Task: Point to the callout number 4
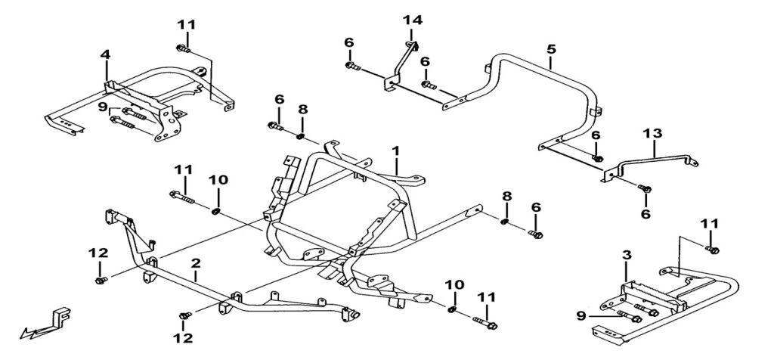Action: tap(105, 54)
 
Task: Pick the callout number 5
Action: tap(551, 49)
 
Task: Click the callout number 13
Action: tap(652, 133)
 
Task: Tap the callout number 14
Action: tap(412, 19)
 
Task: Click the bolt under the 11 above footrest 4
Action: tap(184, 50)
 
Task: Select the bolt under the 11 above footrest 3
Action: tap(712, 248)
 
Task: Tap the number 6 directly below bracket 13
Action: tap(646, 214)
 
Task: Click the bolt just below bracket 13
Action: tap(645, 188)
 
